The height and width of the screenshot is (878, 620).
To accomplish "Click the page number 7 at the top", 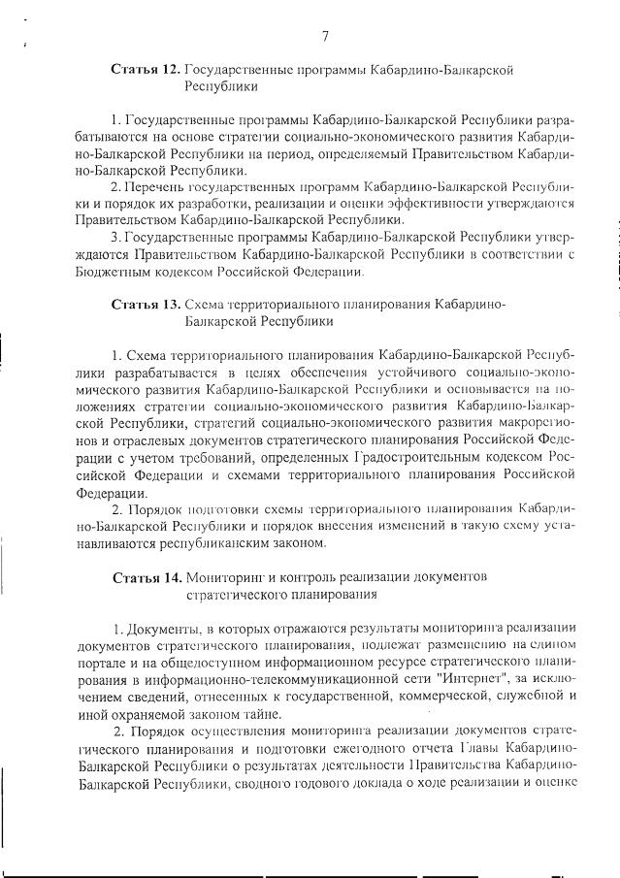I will point(326,36).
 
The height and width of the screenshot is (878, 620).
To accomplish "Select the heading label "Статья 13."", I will point(145,304).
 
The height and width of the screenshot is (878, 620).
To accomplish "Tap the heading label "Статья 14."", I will point(145,577).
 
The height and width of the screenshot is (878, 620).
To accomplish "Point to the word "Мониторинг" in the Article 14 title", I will point(229,577).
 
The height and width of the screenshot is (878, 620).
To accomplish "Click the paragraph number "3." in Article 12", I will point(114,236).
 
